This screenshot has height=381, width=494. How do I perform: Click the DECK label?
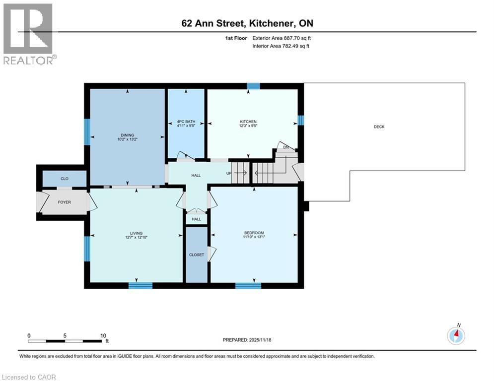click(x=379, y=127)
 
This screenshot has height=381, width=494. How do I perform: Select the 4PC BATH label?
click(x=186, y=122)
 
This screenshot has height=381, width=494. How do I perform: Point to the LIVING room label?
click(x=136, y=233)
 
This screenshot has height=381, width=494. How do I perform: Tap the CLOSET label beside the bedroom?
click(x=196, y=254)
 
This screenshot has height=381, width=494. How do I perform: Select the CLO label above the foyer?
click(x=64, y=178)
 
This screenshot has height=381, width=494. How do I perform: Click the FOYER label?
click(x=64, y=202)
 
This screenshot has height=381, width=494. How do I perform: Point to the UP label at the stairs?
click(x=229, y=173)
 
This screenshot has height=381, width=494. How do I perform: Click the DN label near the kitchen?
click(x=285, y=147)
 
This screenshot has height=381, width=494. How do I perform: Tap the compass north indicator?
click(x=456, y=335)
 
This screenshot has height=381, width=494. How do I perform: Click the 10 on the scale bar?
click(x=103, y=335)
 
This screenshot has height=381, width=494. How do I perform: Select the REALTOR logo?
click(x=29, y=34)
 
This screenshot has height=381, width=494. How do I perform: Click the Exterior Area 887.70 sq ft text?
click(x=282, y=38)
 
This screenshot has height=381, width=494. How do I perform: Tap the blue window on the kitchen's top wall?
click(x=253, y=86)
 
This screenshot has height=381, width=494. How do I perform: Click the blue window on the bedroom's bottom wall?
click(x=248, y=285)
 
